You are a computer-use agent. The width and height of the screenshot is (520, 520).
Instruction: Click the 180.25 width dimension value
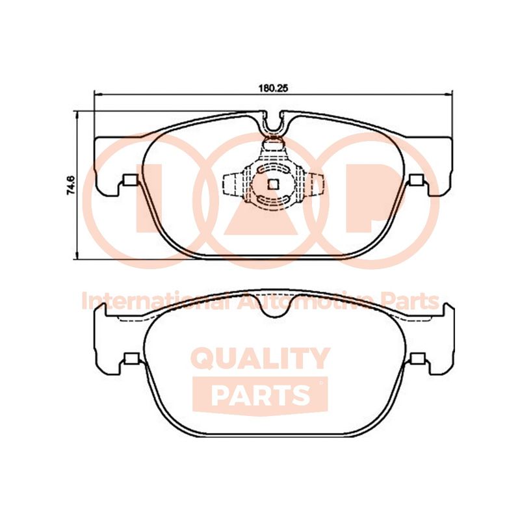[273, 88]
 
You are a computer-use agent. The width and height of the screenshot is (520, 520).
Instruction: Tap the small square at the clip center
[273, 185]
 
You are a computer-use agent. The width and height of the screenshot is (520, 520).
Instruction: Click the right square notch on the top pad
[417, 180]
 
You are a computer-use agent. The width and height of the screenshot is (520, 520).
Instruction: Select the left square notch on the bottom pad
[131, 359]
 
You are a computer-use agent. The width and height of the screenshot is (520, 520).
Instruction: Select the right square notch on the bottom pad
[418, 359]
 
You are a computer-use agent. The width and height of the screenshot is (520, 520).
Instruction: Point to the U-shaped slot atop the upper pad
[274, 124]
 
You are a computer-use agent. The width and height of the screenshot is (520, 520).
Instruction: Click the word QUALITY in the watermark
[261, 359]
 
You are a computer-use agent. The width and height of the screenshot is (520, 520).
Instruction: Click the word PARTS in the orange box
[261, 395]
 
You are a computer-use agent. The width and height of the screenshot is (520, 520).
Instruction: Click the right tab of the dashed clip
[313, 185]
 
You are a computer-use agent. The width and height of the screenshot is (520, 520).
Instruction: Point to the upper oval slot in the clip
[273, 170]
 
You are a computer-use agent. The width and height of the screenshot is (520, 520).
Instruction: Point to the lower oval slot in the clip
[273, 199]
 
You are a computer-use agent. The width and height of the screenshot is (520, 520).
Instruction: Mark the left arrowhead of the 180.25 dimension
[98, 94]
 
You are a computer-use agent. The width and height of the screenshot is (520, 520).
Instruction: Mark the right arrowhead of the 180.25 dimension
[448, 94]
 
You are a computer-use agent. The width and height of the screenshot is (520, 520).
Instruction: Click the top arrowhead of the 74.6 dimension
[77, 116]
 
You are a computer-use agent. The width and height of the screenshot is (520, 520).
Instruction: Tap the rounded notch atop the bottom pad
[274, 305]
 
